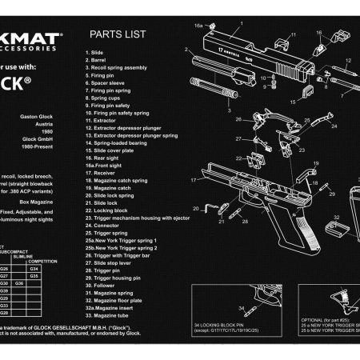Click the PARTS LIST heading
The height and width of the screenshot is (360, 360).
118,34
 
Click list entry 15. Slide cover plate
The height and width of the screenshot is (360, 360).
114,150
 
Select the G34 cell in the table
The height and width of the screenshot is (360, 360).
44,268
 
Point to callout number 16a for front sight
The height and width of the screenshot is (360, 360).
199,26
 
